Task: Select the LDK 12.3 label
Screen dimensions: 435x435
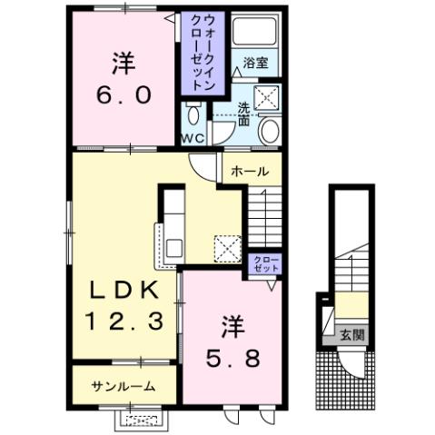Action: click(x=124, y=306)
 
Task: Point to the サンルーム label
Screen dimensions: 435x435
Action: click(x=122, y=386)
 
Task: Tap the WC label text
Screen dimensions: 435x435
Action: click(x=193, y=139)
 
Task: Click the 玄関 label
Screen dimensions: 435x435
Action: click(x=353, y=334)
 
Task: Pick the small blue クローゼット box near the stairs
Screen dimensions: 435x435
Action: click(x=266, y=264)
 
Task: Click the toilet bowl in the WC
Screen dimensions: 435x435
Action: click(x=193, y=115)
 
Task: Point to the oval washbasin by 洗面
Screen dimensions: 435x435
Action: click(x=269, y=131)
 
